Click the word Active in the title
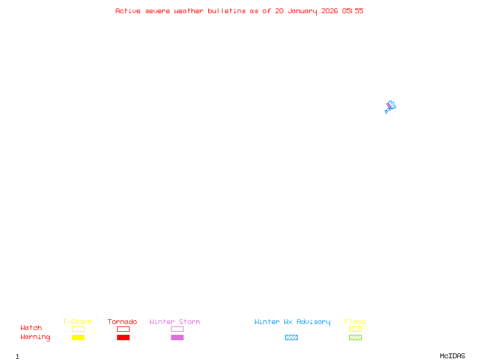click(128, 11)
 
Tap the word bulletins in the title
click(227, 11)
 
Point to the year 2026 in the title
click(329, 11)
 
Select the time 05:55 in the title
click(353, 11)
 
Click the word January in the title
click(302, 11)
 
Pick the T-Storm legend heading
click(77, 322)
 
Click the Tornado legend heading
click(122, 322)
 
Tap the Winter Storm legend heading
click(175, 322)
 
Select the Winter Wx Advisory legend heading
click(292, 322)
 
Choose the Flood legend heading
click(355, 322)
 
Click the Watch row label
click(31, 328)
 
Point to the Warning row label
click(35, 337)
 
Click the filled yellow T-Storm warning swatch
click(79, 337)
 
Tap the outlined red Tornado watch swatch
click(124, 326)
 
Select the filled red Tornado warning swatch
click(124, 337)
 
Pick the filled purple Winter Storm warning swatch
click(177, 337)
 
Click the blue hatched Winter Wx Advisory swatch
click(291, 337)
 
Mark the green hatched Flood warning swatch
click(355, 337)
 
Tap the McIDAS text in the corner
click(452, 356)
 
